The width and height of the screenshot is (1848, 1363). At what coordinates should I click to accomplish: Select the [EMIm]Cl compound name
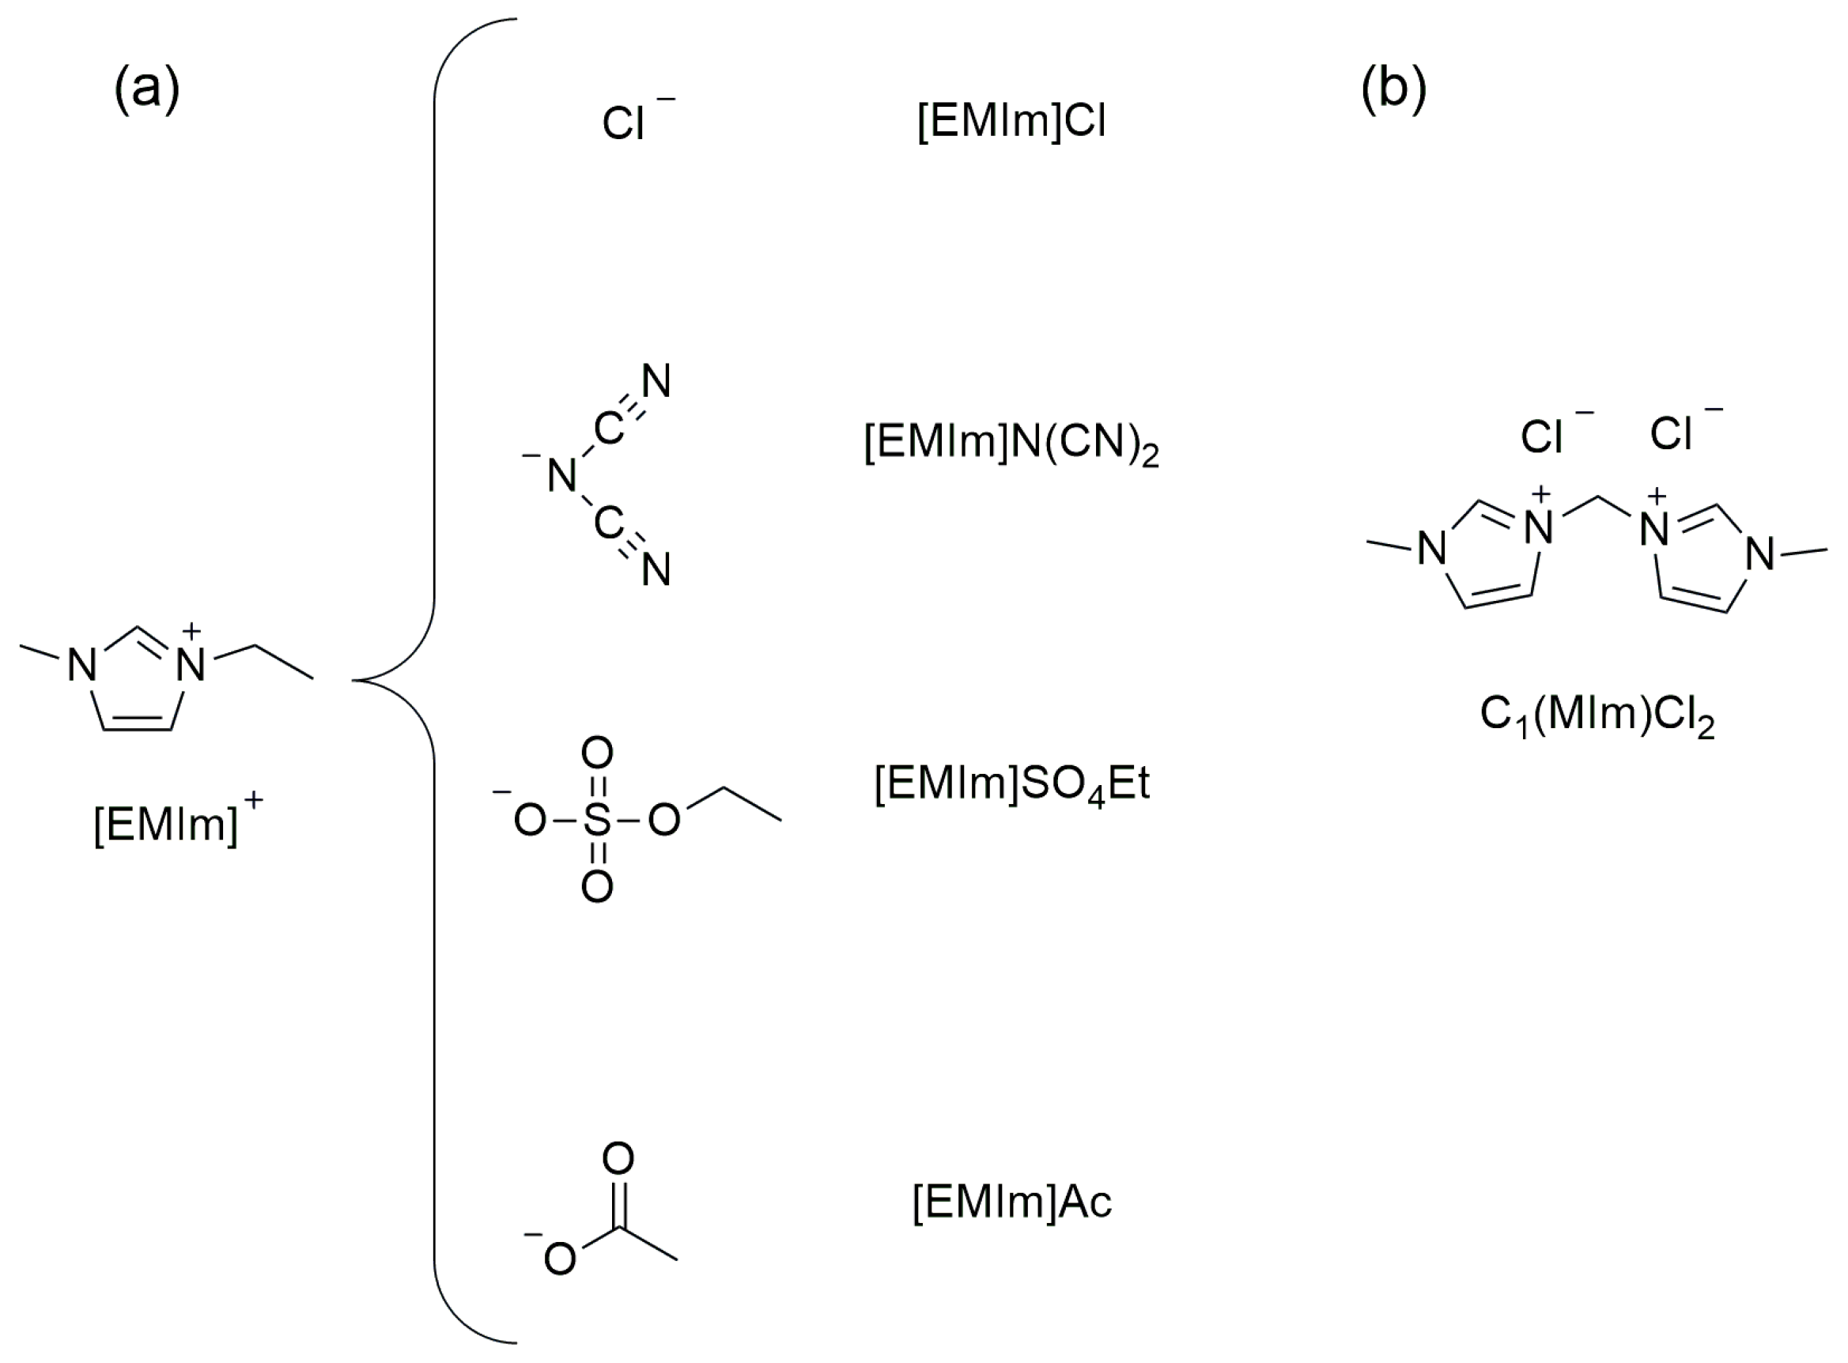[1011, 122]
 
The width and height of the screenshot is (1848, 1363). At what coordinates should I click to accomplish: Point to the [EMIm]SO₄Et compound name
[1011, 783]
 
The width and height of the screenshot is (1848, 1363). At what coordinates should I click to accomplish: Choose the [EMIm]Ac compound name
[1011, 1203]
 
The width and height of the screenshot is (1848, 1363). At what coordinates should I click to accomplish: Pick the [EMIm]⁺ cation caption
[178, 825]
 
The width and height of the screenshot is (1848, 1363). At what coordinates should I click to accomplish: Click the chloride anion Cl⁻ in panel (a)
[625, 124]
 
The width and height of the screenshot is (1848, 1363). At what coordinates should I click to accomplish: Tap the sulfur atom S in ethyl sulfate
[597, 821]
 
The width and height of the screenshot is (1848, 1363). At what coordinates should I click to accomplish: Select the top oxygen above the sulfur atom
[597, 753]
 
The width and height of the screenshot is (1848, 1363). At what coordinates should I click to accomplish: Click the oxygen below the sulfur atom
[597, 888]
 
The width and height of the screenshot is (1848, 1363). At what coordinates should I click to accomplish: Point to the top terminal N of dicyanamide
[656, 381]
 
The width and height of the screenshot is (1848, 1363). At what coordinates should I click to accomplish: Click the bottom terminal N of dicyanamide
[656, 570]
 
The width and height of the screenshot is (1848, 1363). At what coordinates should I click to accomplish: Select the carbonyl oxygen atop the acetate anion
[618, 1158]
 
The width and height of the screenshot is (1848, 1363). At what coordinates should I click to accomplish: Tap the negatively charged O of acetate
[560, 1259]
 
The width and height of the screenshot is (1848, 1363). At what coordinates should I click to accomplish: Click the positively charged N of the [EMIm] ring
[192, 665]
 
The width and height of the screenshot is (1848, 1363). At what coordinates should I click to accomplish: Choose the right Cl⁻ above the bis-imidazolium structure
[1671, 434]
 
